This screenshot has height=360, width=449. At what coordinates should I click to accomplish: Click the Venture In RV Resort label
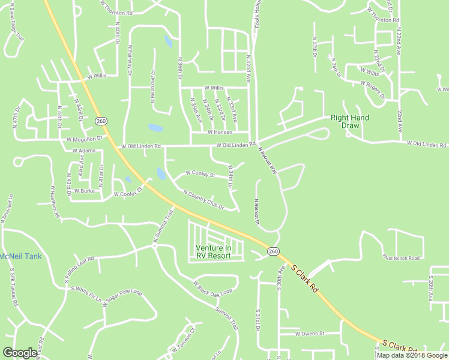click(x=213, y=251)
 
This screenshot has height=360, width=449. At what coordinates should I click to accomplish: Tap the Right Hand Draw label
click(x=350, y=122)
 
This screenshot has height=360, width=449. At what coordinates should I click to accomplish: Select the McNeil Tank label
click(x=20, y=256)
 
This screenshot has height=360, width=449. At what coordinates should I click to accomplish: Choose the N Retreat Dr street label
click(x=256, y=212)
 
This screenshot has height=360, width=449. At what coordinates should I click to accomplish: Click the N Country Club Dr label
click(x=203, y=200)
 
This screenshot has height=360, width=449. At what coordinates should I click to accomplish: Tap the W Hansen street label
click(x=219, y=132)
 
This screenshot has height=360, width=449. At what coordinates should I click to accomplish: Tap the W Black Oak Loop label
click(x=212, y=287)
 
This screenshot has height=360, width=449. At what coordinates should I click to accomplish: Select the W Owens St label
click(x=305, y=333)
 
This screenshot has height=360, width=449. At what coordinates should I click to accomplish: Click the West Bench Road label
click(x=401, y=258)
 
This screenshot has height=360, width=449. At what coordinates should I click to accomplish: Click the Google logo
click(x=20, y=353)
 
